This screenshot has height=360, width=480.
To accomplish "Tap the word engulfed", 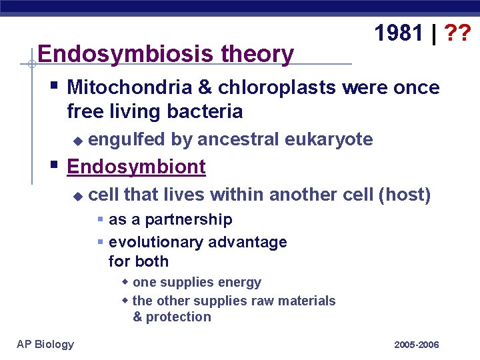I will pyautogui.click(x=127, y=139).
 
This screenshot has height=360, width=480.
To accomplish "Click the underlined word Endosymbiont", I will pyautogui.click(x=136, y=167).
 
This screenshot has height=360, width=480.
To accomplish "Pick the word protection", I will pyautogui.click(x=179, y=317).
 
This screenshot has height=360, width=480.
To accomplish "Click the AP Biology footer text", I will pyautogui.click(x=45, y=344).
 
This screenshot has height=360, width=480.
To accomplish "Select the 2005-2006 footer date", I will pyautogui.click(x=417, y=345).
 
